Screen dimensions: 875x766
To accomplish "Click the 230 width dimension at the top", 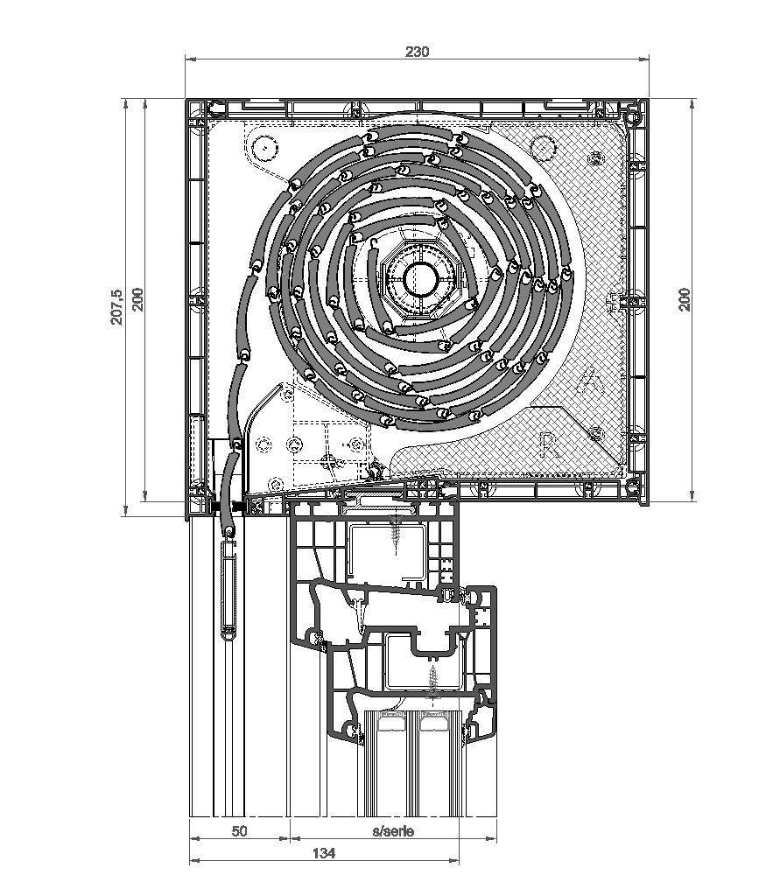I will pyautogui.click(x=417, y=52).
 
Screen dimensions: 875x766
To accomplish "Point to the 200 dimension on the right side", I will pyautogui.click(x=685, y=298).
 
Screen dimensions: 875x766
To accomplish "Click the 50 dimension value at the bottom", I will pyautogui.click(x=239, y=831).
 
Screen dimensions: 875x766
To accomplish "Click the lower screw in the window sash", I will pyautogui.click(x=432, y=678).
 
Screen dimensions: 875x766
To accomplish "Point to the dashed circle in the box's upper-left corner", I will pyautogui.click(x=263, y=146).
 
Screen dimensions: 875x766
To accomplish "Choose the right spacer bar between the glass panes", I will pyautogui.click(x=432, y=724).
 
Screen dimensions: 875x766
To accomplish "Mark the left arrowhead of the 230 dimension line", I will pyautogui.click(x=190, y=59).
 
